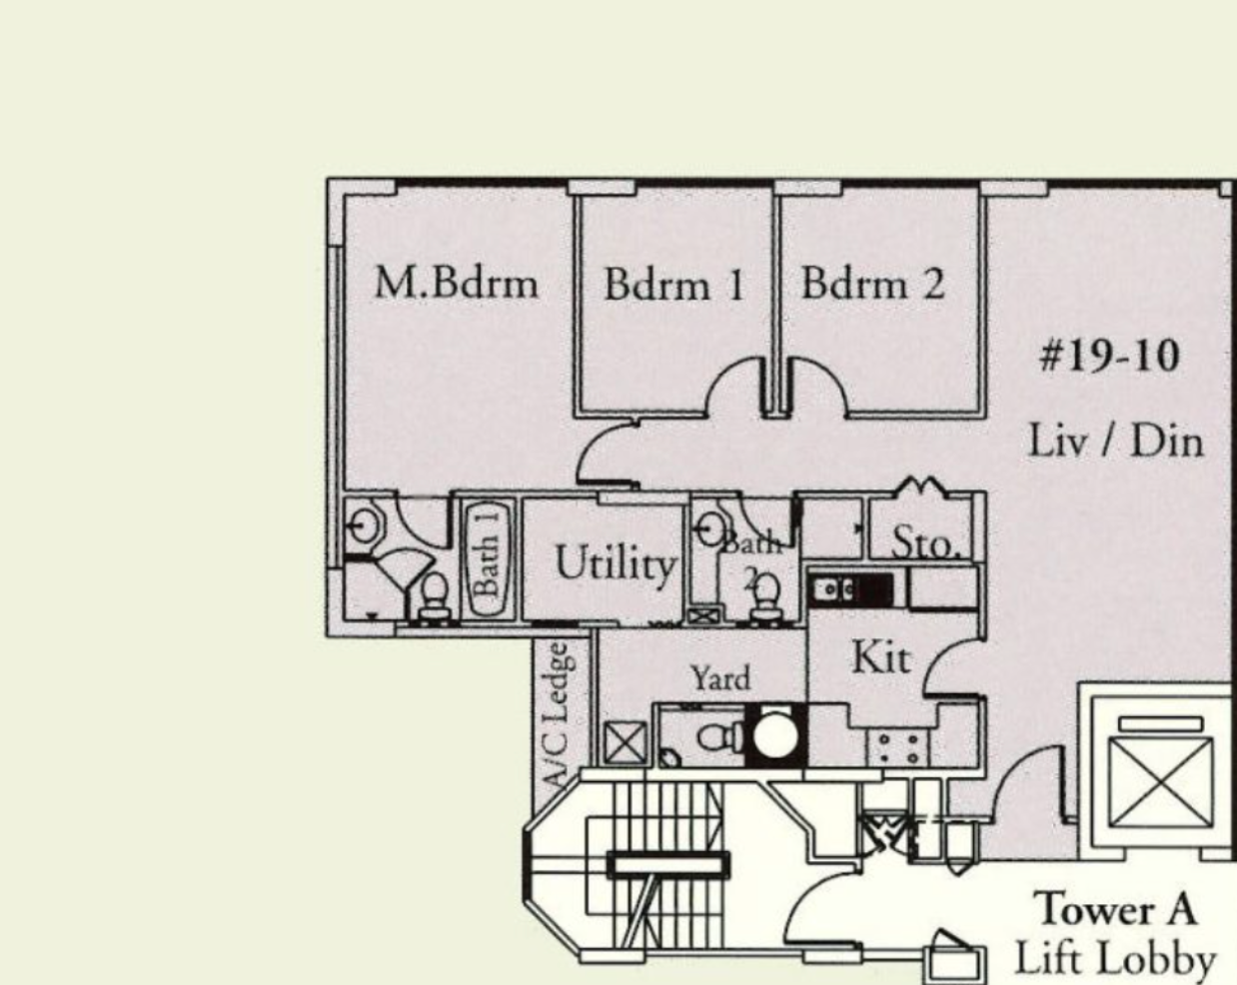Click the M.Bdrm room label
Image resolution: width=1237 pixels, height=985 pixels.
(x=457, y=283)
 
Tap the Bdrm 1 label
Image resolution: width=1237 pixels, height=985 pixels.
(x=674, y=284)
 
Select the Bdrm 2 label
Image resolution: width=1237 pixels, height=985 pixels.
(x=872, y=283)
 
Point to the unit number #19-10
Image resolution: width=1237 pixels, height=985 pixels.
(x=1110, y=356)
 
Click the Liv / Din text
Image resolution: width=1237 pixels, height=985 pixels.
(x=1115, y=441)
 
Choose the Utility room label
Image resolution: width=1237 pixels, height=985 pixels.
(x=616, y=564)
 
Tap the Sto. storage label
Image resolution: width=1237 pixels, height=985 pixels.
(x=925, y=542)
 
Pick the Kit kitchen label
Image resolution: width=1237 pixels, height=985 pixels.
(x=881, y=657)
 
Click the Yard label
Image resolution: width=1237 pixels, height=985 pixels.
(x=720, y=678)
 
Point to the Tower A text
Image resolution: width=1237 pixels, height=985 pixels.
(x=1115, y=910)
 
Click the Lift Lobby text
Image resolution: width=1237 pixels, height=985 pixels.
(x=1115, y=959)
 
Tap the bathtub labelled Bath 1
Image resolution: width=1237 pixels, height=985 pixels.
(x=488, y=559)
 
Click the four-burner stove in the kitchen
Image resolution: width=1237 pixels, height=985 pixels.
(x=898, y=748)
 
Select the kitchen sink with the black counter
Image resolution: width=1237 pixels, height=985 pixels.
(x=850, y=589)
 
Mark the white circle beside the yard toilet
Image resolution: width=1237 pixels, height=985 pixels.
(x=775, y=735)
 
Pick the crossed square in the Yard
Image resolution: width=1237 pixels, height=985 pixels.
(x=625, y=743)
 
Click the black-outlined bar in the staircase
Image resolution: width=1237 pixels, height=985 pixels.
(x=668, y=864)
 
